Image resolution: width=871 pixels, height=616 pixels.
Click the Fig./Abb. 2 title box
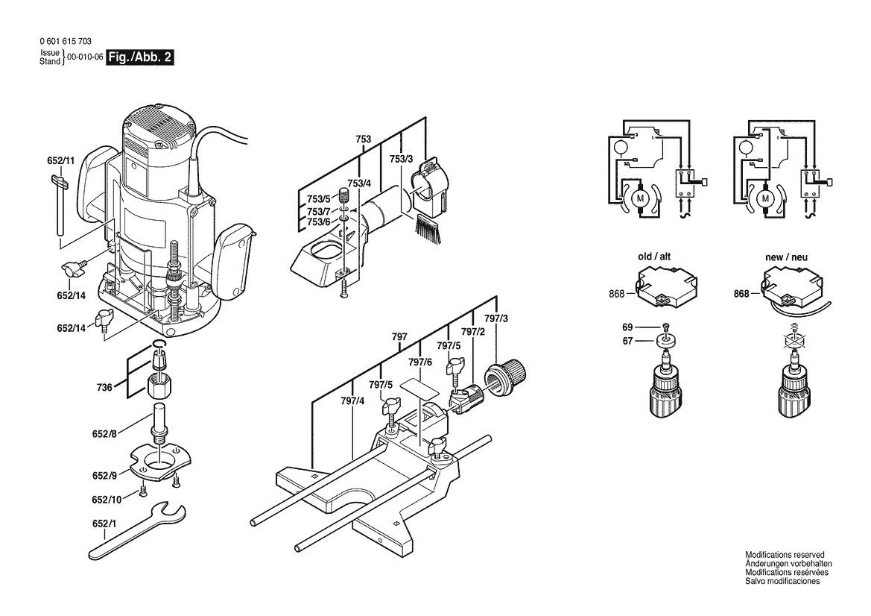click(x=141, y=57)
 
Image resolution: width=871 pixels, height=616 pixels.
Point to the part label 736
click(x=104, y=387)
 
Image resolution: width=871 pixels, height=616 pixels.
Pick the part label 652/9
click(x=104, y=475)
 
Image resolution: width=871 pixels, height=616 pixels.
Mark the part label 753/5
click(x=318, y=198)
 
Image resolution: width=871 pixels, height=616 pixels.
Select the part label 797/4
click(x=352, y=401)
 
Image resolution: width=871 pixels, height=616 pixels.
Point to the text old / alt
click(x=654, y=257)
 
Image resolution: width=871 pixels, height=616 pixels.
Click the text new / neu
click(x=786, y=257)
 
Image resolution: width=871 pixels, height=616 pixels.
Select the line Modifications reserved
click(x=785, y=555)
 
